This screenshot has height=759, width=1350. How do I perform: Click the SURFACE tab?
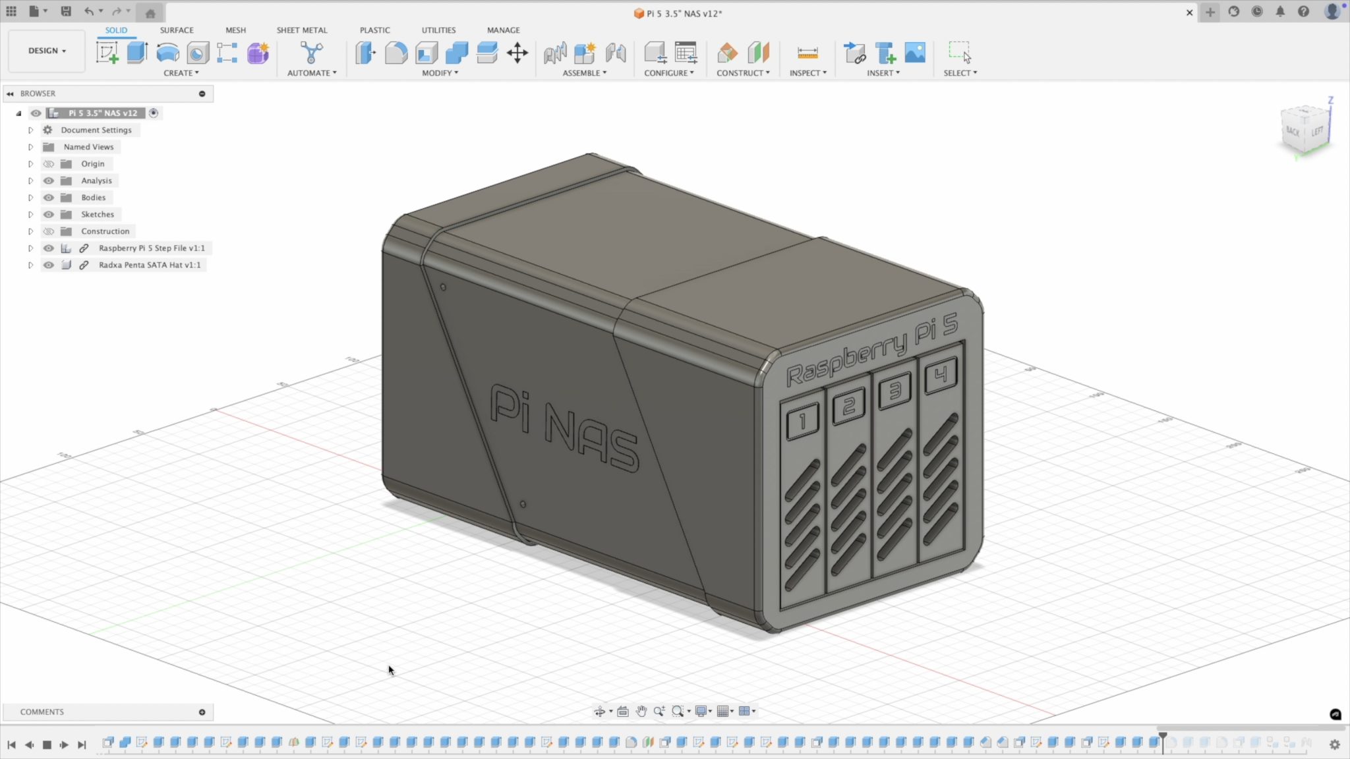tap(176, 30)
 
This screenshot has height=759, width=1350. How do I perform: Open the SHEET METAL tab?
tap(301, 30)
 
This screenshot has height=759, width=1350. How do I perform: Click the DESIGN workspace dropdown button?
tap(47, 51)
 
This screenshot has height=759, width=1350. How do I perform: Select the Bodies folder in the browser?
tap(93, 198)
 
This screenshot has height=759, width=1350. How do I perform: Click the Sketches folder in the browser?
tap(97, 214)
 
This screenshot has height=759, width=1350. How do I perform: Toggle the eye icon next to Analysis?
tap(49, 181)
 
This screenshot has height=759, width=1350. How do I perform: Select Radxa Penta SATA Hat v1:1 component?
tap(149, 265)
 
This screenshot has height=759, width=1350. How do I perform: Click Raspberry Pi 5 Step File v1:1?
tap(151, 248)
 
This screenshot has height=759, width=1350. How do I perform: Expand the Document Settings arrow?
tap(30, 130)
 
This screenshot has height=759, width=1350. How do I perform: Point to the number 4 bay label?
tap(941, 376)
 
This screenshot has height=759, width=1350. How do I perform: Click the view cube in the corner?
tap(1305, 130)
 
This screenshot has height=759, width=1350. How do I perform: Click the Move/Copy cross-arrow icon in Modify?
tap(517, 53)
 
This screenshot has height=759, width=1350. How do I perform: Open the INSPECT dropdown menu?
tap(807, 73)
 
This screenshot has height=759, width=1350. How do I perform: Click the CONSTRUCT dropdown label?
tap(742, 73)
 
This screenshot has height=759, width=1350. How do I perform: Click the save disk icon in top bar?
tap(66, 11)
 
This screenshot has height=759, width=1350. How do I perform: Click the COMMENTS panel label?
tap(42, 712)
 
